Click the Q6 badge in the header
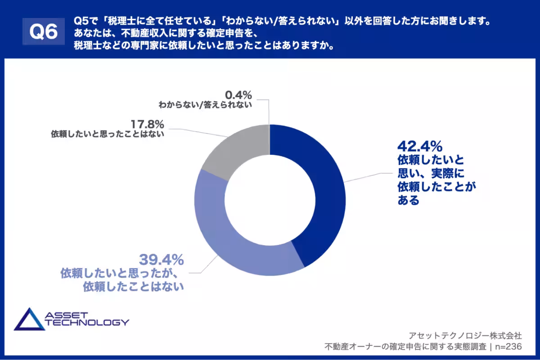click(x=43, y=31)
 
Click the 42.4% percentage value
click(x=420, y=146)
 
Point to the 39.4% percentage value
click(x=162, y=260)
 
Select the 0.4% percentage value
click(x=237, y=95)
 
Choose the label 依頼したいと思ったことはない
click(x=108, y=134)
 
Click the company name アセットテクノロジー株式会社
click(x=465, y=335)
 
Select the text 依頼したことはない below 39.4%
click(x=134, y=287)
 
